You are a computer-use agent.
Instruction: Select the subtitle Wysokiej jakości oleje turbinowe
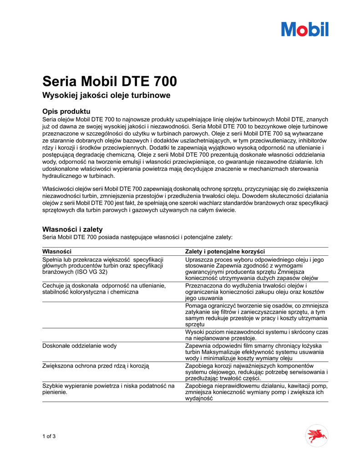(106, 96)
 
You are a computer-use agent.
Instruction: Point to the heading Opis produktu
(66, 111)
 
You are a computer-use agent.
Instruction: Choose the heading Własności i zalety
(72, 229)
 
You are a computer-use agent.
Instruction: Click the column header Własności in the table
(57, 252)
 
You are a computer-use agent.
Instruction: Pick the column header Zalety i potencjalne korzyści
(225, 252)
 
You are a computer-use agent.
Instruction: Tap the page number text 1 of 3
(49, 437)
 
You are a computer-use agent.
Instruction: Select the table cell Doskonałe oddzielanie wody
(79, 346)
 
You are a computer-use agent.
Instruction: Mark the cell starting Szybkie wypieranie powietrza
(108, 389)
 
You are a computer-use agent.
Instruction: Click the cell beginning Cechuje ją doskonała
(104, 288)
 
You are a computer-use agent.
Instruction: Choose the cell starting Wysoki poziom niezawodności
(257, 335)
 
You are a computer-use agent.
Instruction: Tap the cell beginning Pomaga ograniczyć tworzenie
(257, 315)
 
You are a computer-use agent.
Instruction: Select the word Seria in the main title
(60, 81)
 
